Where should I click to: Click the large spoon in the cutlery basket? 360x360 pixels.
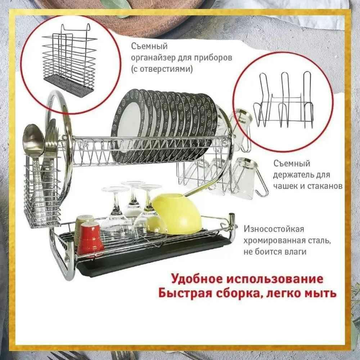(33, 140)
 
